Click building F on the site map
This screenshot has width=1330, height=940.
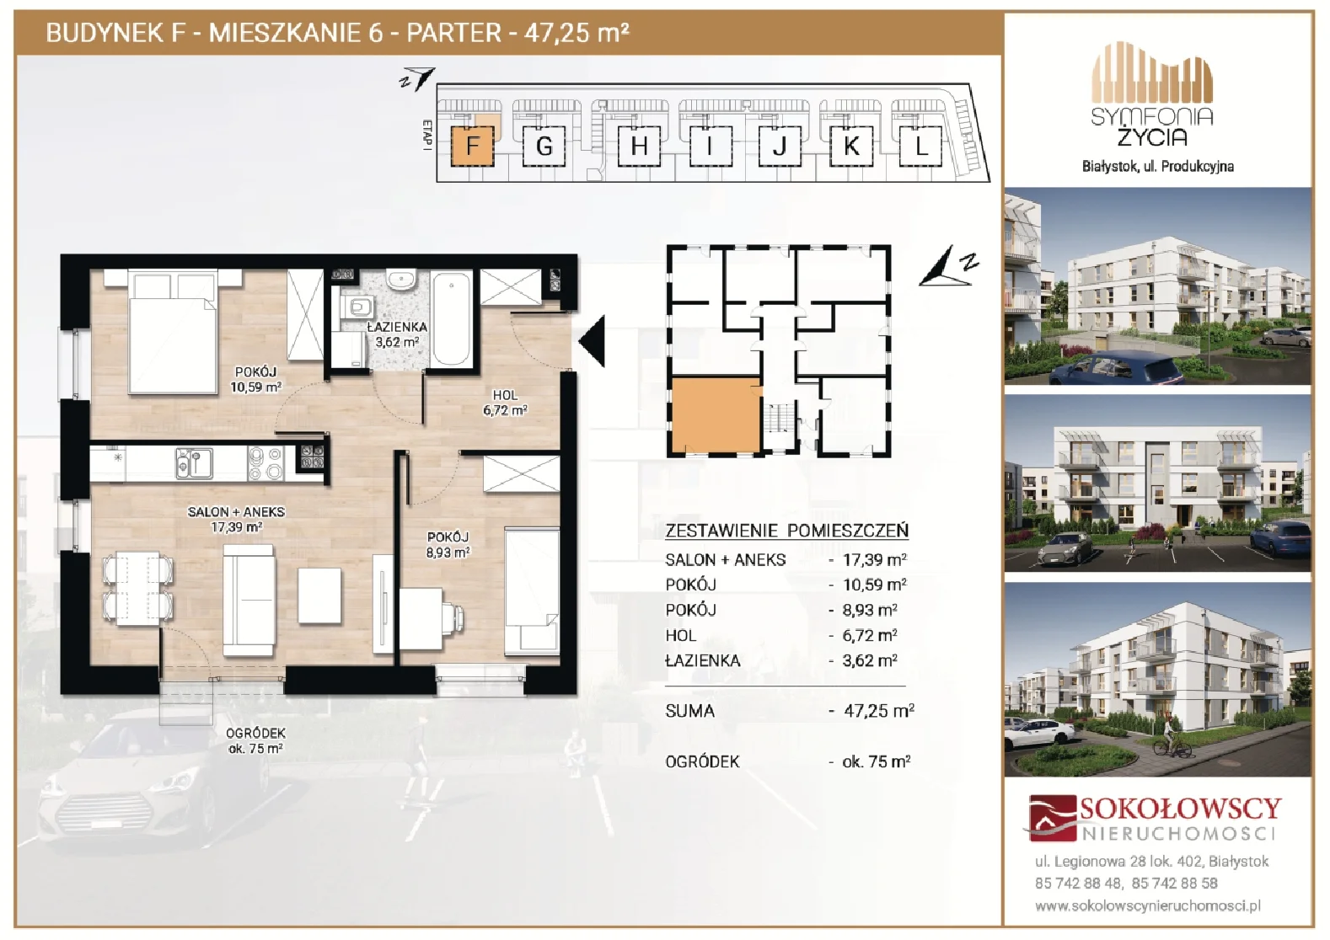tap(472, 146)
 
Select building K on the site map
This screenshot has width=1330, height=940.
tap(851, 146)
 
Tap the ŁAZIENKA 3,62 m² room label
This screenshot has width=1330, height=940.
tap(397, 334)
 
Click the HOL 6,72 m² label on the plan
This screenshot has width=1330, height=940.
tap(505, 403)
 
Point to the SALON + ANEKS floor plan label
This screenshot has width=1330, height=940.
tap(236, 519)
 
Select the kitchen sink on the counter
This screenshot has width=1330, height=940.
tap(194, 463)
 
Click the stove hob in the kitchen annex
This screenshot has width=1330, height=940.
tap(265, 463)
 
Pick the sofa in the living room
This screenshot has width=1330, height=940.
tap(249, 601)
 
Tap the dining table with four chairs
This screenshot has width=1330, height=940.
tap(137, 589)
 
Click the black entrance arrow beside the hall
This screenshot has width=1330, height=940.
tap(592, 340)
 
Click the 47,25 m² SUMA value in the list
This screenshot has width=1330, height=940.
tap(878, 710)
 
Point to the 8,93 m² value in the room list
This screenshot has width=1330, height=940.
tap(870, 610)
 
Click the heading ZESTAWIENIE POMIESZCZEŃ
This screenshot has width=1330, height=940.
tap(786, 531)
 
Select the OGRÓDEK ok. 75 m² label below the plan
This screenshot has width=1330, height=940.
tap(255, 740)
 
